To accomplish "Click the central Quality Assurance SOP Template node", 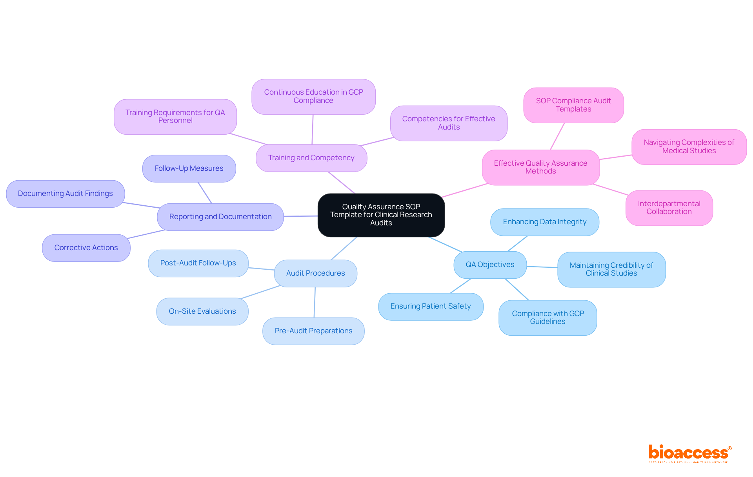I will [381, 215].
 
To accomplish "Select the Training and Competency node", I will [311, 158].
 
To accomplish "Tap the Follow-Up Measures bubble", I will [189, 168].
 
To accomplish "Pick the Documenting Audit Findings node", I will [65, 194].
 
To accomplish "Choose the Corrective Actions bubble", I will [86, 248].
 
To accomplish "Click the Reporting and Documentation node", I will [220, 217].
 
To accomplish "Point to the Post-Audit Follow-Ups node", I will [198, 263].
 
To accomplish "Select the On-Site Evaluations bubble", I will [202, 311].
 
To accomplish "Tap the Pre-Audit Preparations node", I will [313, 331].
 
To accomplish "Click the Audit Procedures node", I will [316, 273].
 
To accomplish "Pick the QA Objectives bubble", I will [490, 265].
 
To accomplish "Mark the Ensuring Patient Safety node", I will [431, 306].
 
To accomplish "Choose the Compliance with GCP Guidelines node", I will [548, 318].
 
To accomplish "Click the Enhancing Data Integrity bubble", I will [545, 222].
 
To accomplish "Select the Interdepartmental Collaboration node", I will [669, 208].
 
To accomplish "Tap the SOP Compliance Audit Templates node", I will [573, 105].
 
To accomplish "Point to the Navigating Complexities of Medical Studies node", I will [689, 146].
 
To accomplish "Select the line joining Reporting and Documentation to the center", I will [301, 216].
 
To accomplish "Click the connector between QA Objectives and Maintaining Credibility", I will [542, 267].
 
